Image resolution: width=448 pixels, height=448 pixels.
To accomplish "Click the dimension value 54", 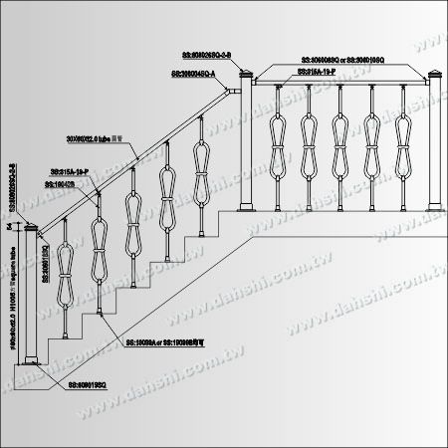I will (9, 228).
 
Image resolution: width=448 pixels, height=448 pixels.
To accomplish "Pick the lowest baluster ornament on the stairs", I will (67, 268).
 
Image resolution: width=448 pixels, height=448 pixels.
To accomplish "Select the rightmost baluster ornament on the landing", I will (405, 142).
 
